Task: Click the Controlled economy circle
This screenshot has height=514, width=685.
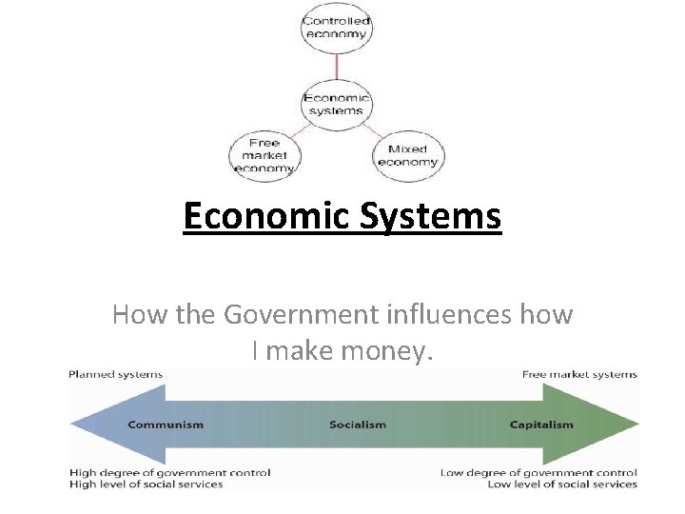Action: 336,28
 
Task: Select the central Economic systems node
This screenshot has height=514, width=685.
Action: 336,104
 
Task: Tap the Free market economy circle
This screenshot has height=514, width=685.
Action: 264,155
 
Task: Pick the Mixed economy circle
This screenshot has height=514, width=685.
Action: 408,155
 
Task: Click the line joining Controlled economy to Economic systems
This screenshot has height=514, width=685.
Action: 336,69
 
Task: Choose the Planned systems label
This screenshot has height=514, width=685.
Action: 116,374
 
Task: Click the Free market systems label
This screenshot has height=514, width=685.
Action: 579,374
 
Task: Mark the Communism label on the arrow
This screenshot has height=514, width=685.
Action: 165,425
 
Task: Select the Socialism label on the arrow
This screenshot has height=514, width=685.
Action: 358,425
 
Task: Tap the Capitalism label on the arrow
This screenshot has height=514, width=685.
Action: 541,425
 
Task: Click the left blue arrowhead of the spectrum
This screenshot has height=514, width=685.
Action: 90,424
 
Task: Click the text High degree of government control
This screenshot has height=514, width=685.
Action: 170,472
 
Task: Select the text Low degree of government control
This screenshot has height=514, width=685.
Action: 538,472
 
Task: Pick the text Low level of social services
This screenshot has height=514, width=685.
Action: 561,484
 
